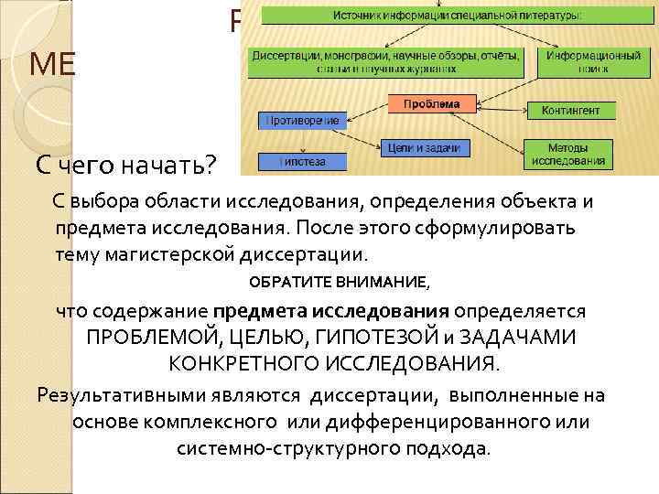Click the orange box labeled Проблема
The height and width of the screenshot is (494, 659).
pos(432,103)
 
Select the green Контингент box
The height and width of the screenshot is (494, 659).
pos(570,111)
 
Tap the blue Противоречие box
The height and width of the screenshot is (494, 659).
pos(302,120)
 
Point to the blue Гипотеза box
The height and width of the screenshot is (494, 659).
pos(302,162)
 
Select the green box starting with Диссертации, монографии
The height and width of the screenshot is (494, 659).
pos(384,61)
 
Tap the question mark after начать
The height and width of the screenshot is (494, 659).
pos(211,166)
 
